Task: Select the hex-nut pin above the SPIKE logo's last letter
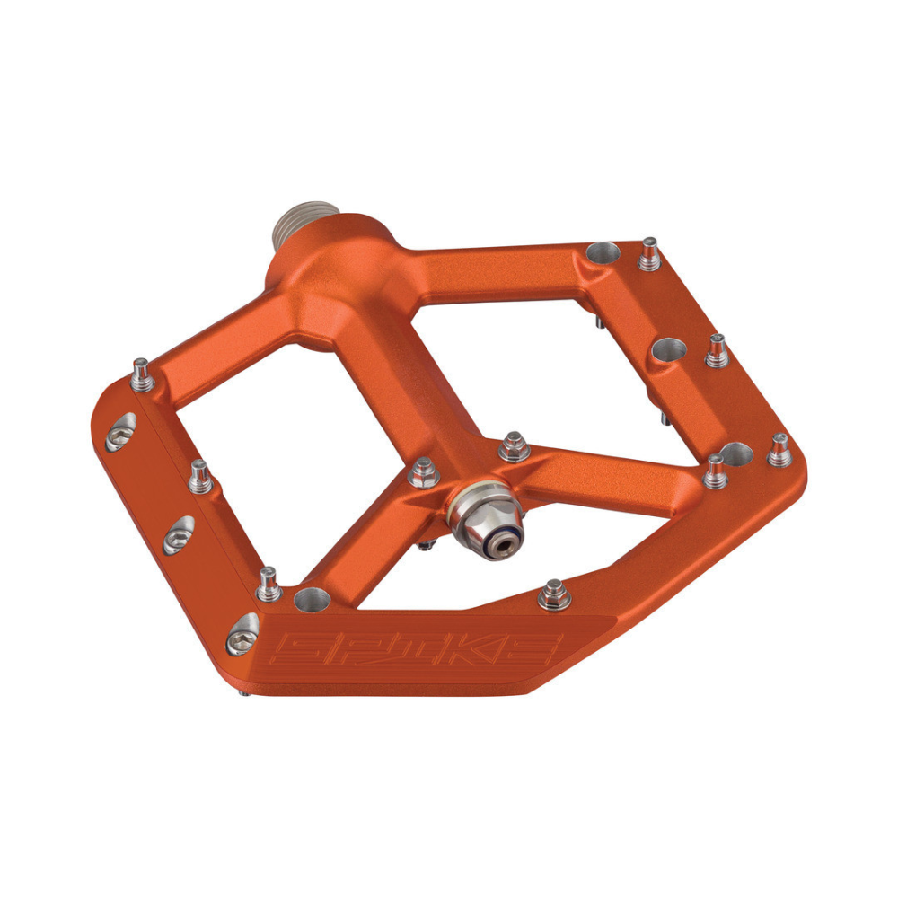tap(553, 594)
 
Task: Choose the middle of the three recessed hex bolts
tap(178, 535)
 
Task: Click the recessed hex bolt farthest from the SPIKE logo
tap(119, 433)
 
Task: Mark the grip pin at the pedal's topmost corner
tap(649, 254)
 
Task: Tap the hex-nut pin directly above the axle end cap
tap(514, 446)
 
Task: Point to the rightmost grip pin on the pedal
tap(778, 450)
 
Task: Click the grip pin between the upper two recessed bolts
tap(199, 478)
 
